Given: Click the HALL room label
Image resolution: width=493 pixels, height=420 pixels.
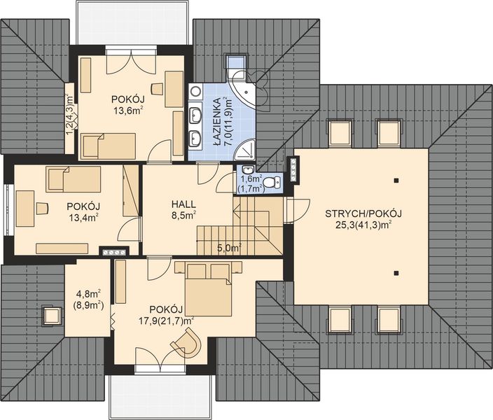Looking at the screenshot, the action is [x=183, y=204].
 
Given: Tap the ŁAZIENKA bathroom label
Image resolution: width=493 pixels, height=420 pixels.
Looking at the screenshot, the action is [x=216, y=122].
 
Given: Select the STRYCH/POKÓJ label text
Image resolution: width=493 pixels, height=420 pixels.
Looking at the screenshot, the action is [x=363, y=213].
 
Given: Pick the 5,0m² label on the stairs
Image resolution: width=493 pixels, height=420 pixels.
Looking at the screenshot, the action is [x=229, y=248].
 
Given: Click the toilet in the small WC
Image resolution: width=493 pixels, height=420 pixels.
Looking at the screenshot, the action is [x=272, y=182].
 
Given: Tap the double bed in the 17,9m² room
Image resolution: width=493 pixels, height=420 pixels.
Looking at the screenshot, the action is [x=208, y=288].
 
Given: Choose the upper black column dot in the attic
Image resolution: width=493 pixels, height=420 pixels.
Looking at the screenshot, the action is [x=396, y=181].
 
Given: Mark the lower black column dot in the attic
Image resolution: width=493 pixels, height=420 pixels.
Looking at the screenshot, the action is [x=396, y=273].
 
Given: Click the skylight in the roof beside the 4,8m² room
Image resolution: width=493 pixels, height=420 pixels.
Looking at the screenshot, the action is [x=52, y=316].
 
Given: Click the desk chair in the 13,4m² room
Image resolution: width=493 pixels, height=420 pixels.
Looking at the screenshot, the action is [x=43, y=208].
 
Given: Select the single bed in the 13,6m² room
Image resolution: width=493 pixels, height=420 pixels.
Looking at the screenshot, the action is [x=109, y=146].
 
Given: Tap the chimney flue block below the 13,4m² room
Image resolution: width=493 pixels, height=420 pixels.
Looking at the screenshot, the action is [x=114, y=251].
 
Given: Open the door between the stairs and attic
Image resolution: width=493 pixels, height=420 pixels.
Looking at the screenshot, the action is [x=298, y=210].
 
